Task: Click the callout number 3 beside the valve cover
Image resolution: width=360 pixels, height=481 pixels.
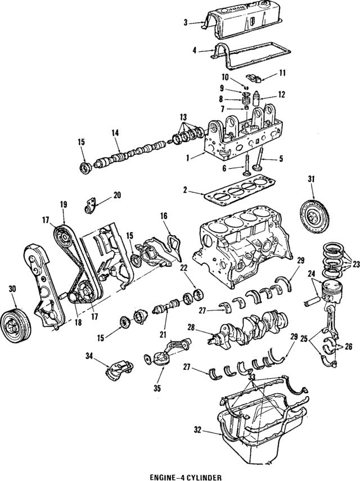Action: [x=185, y=23]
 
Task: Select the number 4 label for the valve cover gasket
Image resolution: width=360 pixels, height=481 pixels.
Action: [x=195, y=50]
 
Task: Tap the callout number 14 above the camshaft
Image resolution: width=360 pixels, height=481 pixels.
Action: [x=115, y=134]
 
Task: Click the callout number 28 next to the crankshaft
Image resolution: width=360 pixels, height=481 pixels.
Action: [x=192, y=326]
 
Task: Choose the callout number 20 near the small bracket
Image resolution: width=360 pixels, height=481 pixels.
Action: [x=117, y=195]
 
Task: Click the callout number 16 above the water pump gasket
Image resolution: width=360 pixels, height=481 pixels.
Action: [x=164, y=216]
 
